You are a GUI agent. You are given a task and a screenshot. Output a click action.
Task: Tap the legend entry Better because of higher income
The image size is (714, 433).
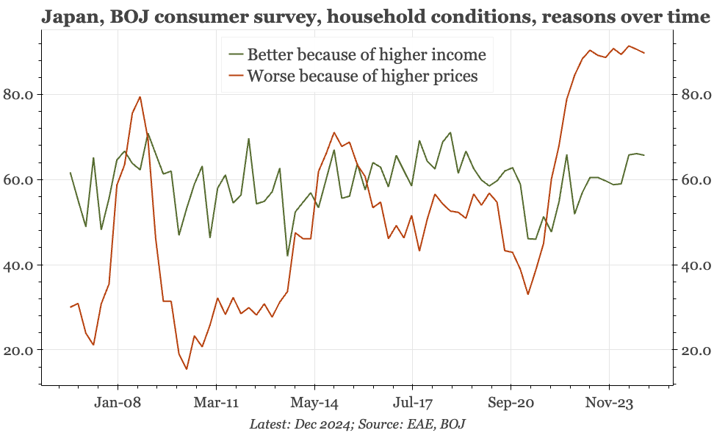coord(367,54)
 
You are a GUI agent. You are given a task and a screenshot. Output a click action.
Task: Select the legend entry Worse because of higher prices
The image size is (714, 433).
coord(363,76)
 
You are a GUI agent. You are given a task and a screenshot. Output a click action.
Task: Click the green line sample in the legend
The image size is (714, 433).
coord(235,54)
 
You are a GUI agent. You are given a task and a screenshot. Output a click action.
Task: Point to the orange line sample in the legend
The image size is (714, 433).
coord(235,76)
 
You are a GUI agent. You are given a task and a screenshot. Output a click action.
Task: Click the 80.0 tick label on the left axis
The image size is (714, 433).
coord(22,94)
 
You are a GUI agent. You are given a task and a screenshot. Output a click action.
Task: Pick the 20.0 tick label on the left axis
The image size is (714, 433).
coord(22,350)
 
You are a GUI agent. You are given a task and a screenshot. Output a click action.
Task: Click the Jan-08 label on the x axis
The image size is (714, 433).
coord(118,403)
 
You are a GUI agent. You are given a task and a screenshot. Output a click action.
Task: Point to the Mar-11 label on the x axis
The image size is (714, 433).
coord(217,403)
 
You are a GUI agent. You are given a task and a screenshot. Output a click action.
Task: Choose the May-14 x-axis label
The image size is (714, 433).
coord(314,403)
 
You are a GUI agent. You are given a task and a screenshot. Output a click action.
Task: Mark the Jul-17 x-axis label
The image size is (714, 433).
coord(412,403)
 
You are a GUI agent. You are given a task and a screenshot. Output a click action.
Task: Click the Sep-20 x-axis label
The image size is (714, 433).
coord(511,403)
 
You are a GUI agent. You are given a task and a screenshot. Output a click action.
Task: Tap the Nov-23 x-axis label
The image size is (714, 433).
coord(609,403)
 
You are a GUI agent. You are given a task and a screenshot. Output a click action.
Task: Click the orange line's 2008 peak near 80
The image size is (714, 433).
coord(140,97)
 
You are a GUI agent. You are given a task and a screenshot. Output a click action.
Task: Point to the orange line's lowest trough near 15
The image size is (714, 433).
coord(187,369)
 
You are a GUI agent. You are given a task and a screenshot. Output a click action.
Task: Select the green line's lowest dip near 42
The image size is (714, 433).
coord(287,255)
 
